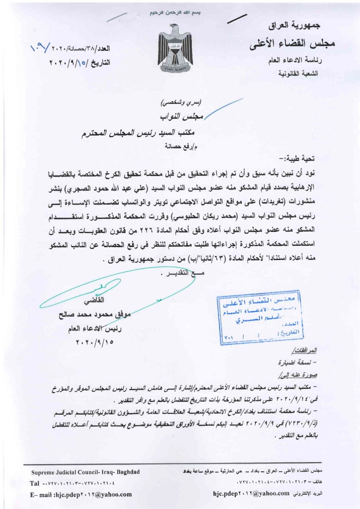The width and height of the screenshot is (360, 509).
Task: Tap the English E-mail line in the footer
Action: pos(81,494)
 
